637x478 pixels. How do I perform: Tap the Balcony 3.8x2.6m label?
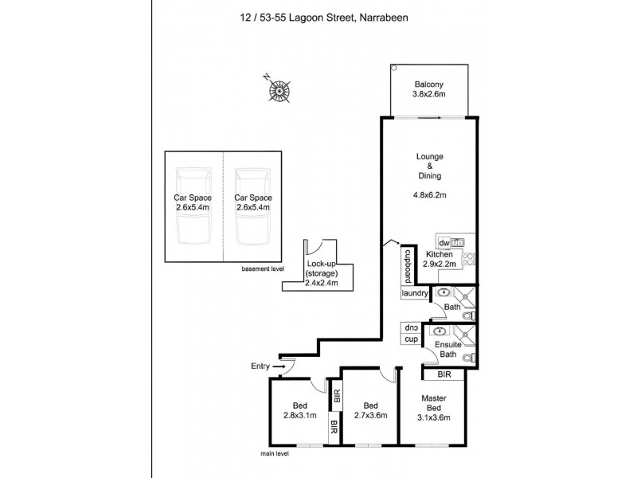click(x=429, y=89)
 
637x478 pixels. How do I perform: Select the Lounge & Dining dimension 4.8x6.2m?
click(x=429, y=192)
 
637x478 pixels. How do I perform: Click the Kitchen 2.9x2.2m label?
click(x=439, y=260)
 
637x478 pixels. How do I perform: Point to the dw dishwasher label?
click(x=444, y=241)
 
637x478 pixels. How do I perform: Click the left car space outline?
click(x=193, y=206)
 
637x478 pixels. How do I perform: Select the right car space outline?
click(x=253, y=206)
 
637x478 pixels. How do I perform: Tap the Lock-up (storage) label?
click(x=322, y=272)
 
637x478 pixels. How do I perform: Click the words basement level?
click(x=262, y=269)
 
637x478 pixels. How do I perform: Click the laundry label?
click(x=416, y=294)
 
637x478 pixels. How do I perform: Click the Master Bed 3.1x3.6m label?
click(x=435, y=409)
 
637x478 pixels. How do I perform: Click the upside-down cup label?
click(x=412, y=327)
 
